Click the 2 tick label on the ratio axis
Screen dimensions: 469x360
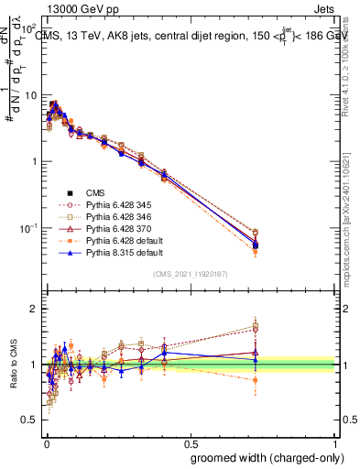pos(36,309)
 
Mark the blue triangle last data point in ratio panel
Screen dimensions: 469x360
pos(256,360)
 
